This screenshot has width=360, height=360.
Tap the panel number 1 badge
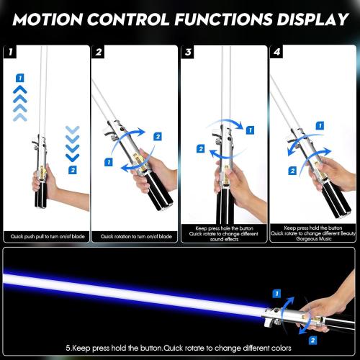coord(10,52)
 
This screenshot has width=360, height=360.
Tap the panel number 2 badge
coord(99,52)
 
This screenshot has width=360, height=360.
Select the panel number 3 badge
coord(188,52)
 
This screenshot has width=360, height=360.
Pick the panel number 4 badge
coord(276,52)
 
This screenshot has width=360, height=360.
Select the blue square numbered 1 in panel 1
coord(21,77)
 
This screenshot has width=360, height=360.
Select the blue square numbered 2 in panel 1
coord(72,169)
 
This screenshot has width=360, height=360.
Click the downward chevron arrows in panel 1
coord(71,144)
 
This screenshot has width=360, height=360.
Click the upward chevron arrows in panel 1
coord(21,101)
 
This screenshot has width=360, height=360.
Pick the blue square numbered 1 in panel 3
coord(249,131)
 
